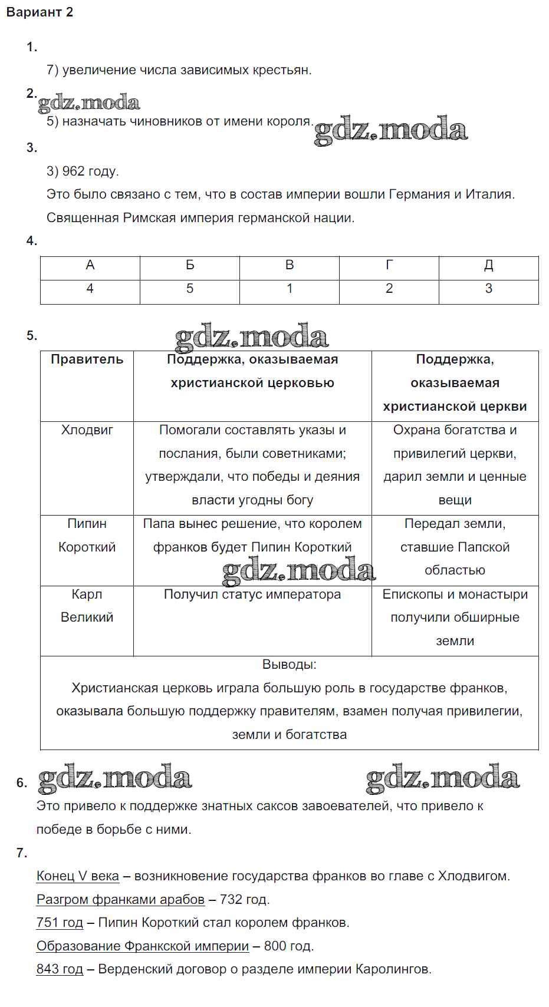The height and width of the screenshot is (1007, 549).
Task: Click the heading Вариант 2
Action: click(40, 12)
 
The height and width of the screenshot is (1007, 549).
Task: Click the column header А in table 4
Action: click(90, 265)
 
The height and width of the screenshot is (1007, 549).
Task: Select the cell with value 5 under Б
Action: click(190, 289)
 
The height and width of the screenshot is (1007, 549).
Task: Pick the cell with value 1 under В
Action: click(290, 289)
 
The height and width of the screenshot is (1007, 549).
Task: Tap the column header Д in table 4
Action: click(488, 265)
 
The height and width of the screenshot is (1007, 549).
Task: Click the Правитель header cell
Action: click(87, 359)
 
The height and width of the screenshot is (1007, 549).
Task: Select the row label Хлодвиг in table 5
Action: click(87, 430)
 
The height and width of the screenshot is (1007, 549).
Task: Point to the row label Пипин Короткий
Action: click(87, 535)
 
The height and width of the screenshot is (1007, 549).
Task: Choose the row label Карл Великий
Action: click(87, 606)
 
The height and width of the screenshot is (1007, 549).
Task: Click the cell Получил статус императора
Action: click(252, 595)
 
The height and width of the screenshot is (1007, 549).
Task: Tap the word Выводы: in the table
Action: click(289, 665)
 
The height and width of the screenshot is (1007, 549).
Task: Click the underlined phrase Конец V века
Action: click(78, 876)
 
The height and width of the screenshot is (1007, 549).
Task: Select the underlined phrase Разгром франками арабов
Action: click(120, 900)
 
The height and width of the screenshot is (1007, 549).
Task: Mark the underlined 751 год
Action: click(60, 923)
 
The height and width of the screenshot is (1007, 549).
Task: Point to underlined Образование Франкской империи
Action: click(143, 946)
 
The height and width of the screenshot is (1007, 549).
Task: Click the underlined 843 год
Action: click(60, 969)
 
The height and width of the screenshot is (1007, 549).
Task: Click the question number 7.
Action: click(22, 853)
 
